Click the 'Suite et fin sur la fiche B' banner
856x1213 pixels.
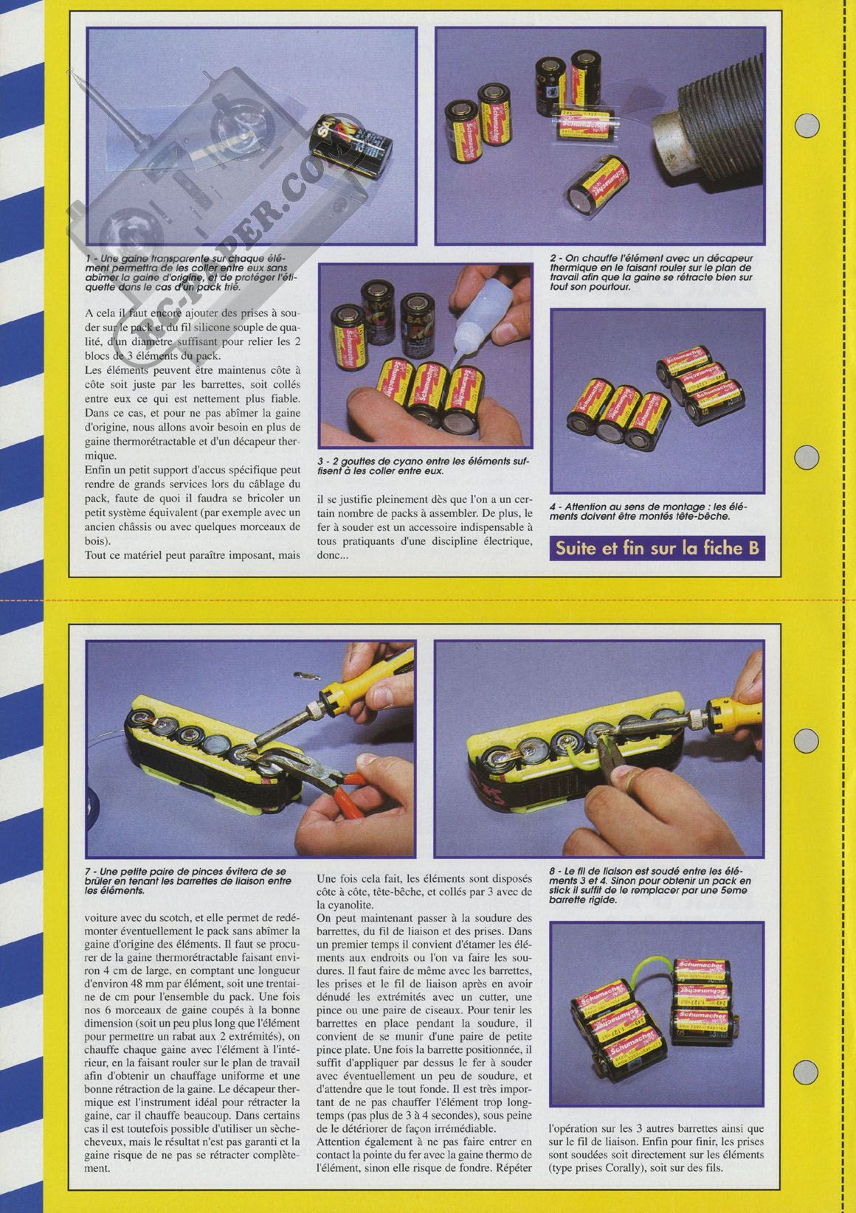pyautogui.click(x=657, y=548)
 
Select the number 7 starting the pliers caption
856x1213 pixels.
pyautogui.click(x=88, y=872)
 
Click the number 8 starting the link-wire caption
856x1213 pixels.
pyautogui.click(x=552, y=872)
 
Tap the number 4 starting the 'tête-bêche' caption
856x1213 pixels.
pyautogui.click(x=552, y=507)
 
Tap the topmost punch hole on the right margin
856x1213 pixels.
pyautogui.click(x=807, y=125)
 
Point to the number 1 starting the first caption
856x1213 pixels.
pyautogui.click(x=88, y=259)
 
